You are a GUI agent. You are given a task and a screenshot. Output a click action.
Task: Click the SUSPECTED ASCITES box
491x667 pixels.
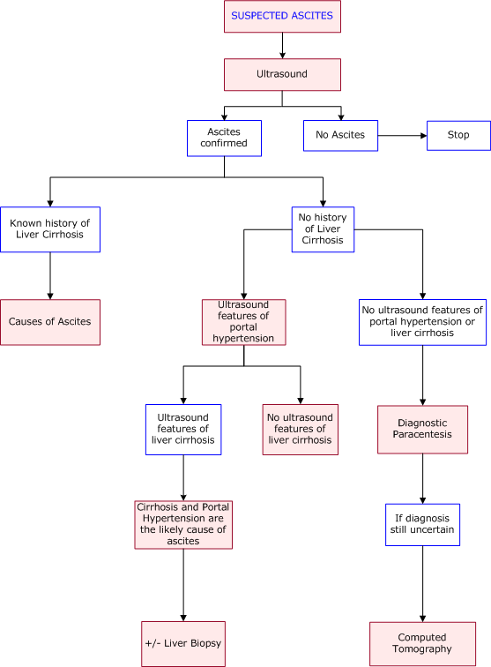click(282, 17)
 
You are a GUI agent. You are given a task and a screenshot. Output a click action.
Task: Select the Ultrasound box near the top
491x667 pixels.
click(282, 74)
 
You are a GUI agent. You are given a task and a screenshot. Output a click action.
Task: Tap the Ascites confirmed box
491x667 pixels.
click(224, 138)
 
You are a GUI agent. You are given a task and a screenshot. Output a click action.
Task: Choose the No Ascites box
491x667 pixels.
click(340, 136)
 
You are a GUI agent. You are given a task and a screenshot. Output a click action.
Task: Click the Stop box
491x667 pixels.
click(458, 136)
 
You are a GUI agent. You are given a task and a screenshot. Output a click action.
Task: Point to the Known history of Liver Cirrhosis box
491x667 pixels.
click(50, 229)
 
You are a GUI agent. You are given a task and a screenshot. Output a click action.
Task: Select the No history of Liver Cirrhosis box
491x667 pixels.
click(323, 229)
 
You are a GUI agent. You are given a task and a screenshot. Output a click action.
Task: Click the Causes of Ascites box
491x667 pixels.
click(50, 322)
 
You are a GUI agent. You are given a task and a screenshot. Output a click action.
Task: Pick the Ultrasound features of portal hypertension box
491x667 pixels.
click(243, 322)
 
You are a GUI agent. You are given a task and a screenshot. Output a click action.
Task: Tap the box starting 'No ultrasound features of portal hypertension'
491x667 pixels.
click(423, 322)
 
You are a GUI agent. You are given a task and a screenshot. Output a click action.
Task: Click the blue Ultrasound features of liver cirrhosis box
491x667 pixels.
click(183, 429)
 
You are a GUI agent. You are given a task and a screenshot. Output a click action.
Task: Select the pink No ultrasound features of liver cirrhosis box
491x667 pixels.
click(300, 429)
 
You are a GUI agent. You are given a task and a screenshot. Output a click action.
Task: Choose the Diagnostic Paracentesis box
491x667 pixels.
click(423, 429)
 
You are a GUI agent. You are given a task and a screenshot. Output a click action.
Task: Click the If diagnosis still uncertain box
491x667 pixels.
click(423, 525)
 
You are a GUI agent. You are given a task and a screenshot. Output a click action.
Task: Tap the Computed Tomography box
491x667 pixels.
click(422, 643)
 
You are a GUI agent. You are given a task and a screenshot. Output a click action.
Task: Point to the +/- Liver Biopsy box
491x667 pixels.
click(183, 643)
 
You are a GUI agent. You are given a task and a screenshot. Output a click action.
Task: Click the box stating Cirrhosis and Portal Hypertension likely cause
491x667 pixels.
click(183, 524)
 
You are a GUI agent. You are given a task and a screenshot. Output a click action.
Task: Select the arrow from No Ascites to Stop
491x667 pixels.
click(402, 136)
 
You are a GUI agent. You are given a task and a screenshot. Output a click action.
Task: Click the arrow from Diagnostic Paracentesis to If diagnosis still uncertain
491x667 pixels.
click(423, 478)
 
